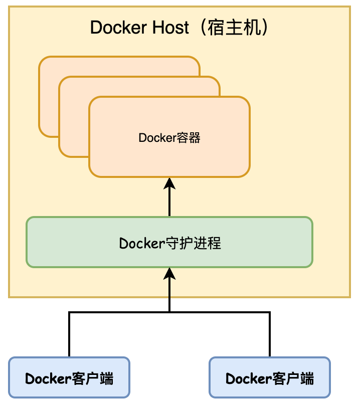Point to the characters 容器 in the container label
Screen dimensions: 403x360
pos(189,137)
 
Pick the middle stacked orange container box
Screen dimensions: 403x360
pos(73,125)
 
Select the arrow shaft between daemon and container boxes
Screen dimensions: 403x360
pos(169,203)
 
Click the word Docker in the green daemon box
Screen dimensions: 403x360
pos(142,244)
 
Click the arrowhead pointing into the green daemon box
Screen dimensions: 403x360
pos(169,274)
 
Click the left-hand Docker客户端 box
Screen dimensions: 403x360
pos(69,377)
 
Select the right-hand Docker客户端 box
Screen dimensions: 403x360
pos(270,377)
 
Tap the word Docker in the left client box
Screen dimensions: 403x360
pos(47,378)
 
